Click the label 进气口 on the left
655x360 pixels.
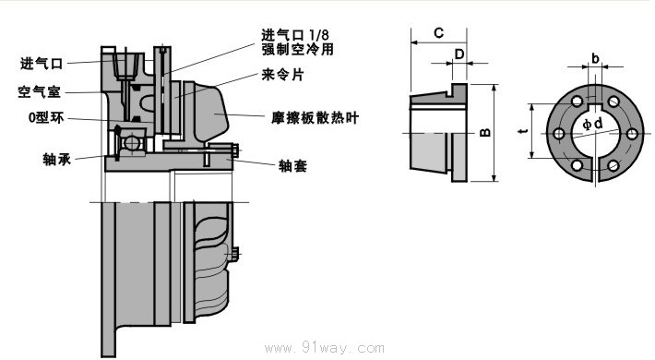pyautogui.click(x=42, y=64)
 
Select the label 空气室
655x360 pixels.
pyautogui.click(x=40, y=91)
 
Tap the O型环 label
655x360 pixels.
pyautogui.click(x=46, y=118)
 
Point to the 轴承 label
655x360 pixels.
pyautogui.click(x=57, y=159)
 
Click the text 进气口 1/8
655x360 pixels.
pyautogui.click(x=295, y=34)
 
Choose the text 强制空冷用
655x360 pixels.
pyautogui.click(x=297, y=49)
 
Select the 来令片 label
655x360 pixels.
pyautogui.click(x=283, y=75)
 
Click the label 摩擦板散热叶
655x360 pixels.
pyautogui.click(x=315, y=118)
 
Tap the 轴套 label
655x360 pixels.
pyautogui.click(x=292, y=166)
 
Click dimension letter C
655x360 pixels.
pyautogui.click(x=438, y=33)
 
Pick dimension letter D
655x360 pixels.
pyautogui.click(x=459, y=54)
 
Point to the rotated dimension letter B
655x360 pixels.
pyautogui.click(x=485, y=133)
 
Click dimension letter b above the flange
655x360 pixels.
pyautogui.click(x=595, y=58)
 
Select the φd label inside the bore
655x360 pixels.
pyautogui.click(x=593, y=124)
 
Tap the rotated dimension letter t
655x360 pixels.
pyautogui.click(x=522, y=131)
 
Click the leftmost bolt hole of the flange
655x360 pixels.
pyautogui.click(x=558, y=134)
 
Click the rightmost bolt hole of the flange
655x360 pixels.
pyautogui.click(x=632, y=134)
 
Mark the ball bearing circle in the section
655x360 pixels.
pyautogui.click(x=131, y=143)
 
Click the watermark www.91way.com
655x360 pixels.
pyautogui.click(x=324, y=348)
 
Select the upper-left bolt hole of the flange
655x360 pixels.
pyautogui.click(x=578, y=102)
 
